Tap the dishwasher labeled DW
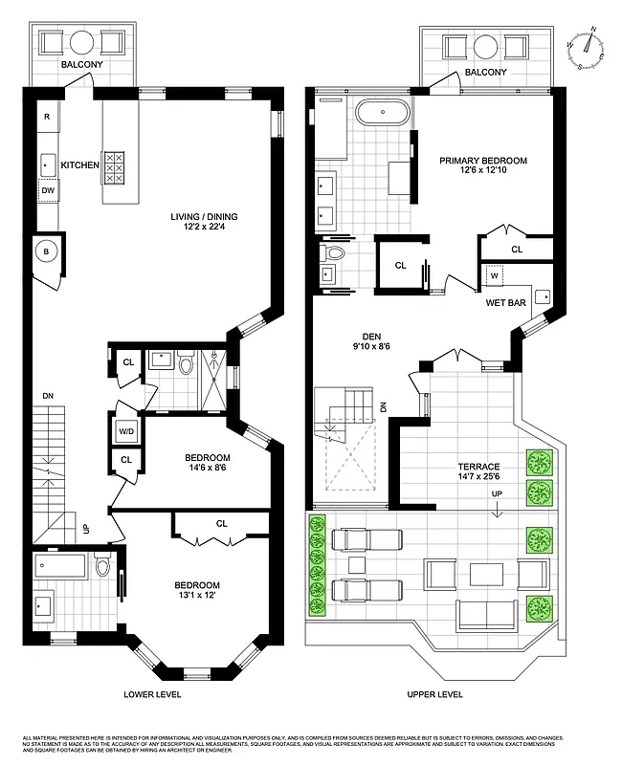tap(47, 191)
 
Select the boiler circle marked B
tap(47, 253)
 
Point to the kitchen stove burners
tap(114, 168)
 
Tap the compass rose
tap(589, 45)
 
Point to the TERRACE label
tap(478, 466)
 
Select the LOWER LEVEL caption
tap(154, 693)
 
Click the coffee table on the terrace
tap(486, 574)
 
